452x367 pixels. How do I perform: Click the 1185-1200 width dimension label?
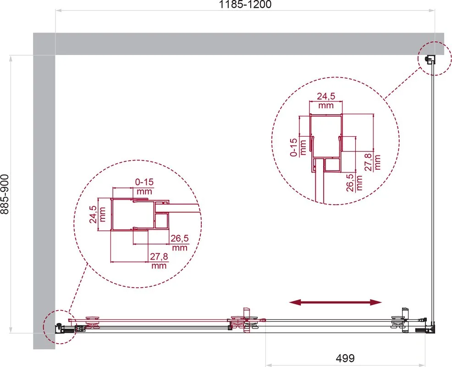click(245, 4)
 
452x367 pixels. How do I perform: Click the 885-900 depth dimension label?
click(5, 194)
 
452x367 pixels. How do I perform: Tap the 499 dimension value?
click(345, 358)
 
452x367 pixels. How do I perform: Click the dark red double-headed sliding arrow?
click(335, 302)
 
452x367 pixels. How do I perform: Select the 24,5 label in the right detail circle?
click(326, 96)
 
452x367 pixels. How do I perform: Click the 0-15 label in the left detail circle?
click(144, 182)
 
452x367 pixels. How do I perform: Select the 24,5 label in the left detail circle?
click(93, 214)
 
